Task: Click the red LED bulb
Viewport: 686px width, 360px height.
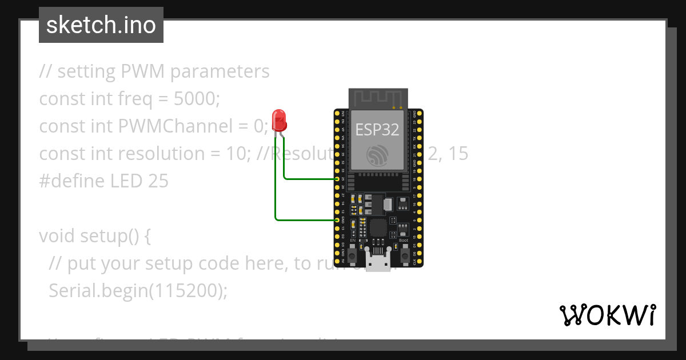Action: pyautogui.click(x=280, y=119)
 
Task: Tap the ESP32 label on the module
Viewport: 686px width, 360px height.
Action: pyautogui.click(x=377, y=130)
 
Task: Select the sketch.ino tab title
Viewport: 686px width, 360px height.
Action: pyautogui.click(x=101, y=25)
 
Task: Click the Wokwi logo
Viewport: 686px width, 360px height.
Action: pyautogui.click(x=607, y=315)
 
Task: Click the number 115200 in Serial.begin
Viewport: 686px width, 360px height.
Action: pyautogui.click(x=186, y=291)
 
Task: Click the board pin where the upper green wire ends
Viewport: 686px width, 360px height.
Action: pyautogui.click(x=337, y=179)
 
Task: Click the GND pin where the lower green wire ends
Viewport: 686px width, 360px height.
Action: pyautogui.click(x=337, y=219)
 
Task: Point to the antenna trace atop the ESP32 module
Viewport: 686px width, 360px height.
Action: pyautogui.click(x=378, y=97)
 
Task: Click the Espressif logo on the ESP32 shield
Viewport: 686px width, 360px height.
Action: pyautogui.click(x=378, y=155)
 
